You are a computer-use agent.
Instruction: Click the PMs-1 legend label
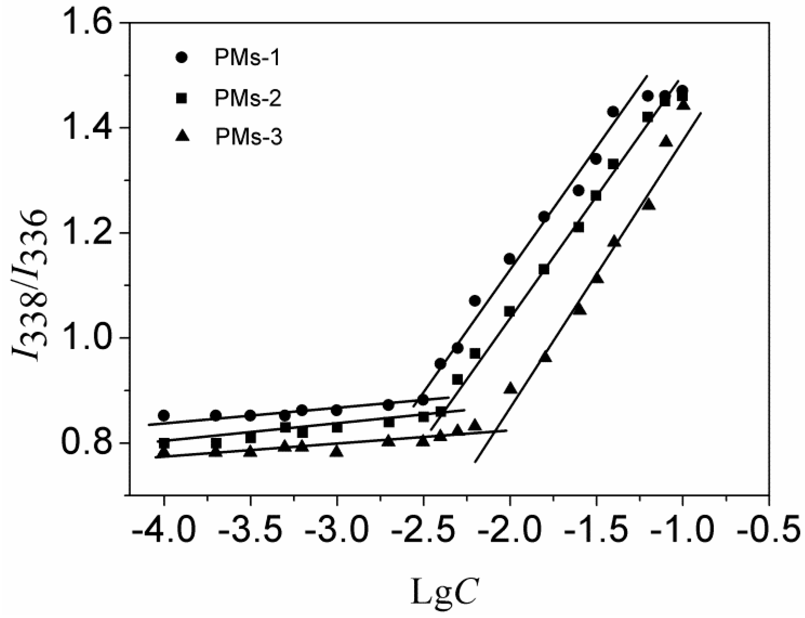point(247,58)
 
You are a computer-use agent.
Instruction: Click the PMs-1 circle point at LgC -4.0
point(164,415)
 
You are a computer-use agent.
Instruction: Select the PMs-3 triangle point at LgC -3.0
point(337,451)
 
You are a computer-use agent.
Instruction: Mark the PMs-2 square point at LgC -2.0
point(510,312)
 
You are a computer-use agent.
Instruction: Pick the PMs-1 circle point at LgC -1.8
point(544,217)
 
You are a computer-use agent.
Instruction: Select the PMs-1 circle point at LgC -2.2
point(475,301)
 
